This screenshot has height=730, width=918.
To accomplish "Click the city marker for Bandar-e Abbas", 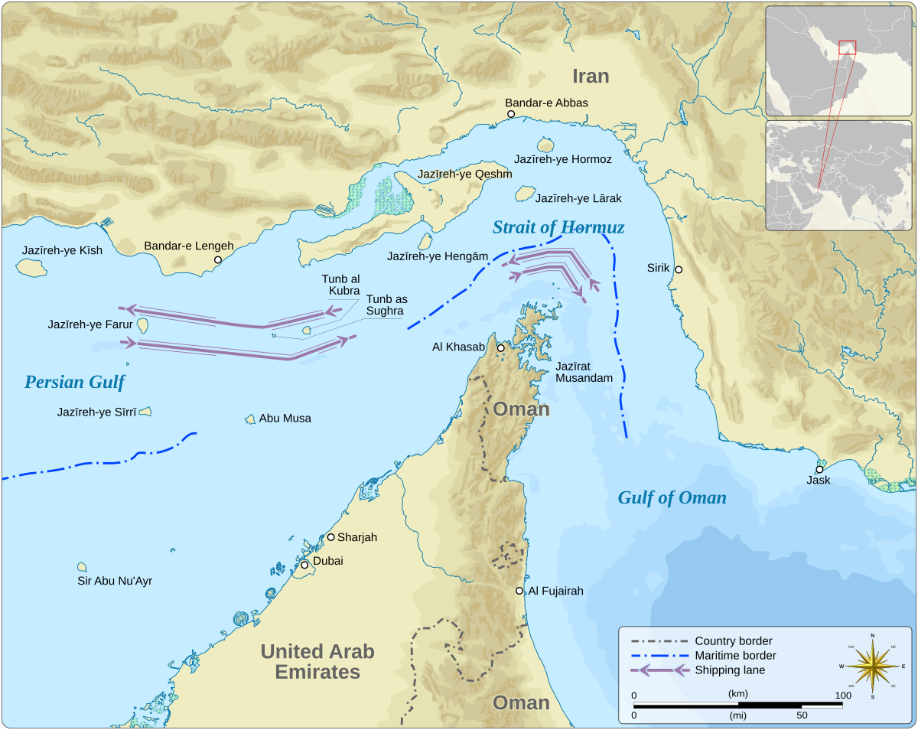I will [511, 114].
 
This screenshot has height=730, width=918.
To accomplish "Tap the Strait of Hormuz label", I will [558, 227].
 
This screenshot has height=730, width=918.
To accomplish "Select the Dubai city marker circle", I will [304, 565].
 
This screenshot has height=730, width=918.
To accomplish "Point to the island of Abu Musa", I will [250, 419].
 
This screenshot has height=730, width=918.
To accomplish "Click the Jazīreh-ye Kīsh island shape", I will [30, 267].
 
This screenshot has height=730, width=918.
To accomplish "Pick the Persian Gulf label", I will [74, 382].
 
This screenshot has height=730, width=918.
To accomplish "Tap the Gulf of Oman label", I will [672, 498].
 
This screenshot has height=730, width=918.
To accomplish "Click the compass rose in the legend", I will [871, 666].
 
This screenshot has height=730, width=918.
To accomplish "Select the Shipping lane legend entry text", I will [730, 670].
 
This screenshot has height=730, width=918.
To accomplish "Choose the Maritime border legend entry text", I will [735, 656].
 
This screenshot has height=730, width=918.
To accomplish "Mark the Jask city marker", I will [819, 470].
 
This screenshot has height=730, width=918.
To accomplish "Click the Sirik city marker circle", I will [679, 269].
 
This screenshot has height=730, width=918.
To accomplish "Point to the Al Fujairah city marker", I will [519, 591].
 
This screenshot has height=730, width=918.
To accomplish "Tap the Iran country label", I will [591, 76].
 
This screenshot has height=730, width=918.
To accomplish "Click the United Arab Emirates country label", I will [317, 662].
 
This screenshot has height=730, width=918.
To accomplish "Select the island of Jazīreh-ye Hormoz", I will [545, 145].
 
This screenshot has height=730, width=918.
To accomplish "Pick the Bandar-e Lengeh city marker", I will [218, 260].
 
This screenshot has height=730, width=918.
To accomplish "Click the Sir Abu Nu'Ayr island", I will [82, 567].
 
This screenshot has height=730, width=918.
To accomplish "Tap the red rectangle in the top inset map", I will [847, 47].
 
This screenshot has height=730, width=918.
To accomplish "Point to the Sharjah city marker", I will [331, 537].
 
